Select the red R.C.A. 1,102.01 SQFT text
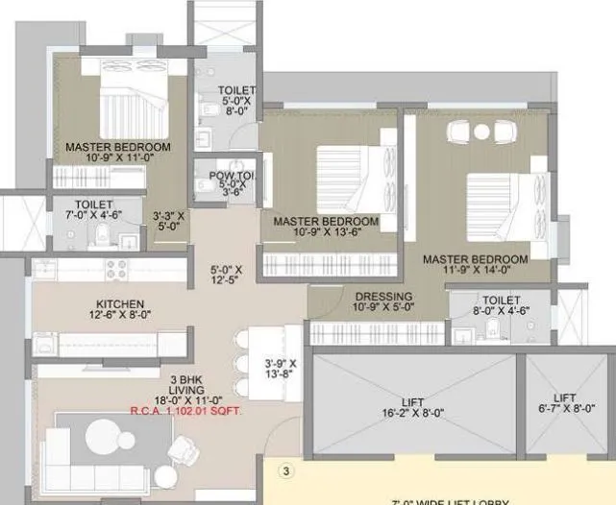pyautogui.click(x=186, y=410)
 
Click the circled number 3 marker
pyautogui.click(x=284, y=471)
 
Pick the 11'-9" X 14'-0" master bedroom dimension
pyautogui.click(x=475, y=272)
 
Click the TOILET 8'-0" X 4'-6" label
pyautogui.click(x=496, y=305)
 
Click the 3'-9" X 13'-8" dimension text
pyautogui.click(x=282, y=369)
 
